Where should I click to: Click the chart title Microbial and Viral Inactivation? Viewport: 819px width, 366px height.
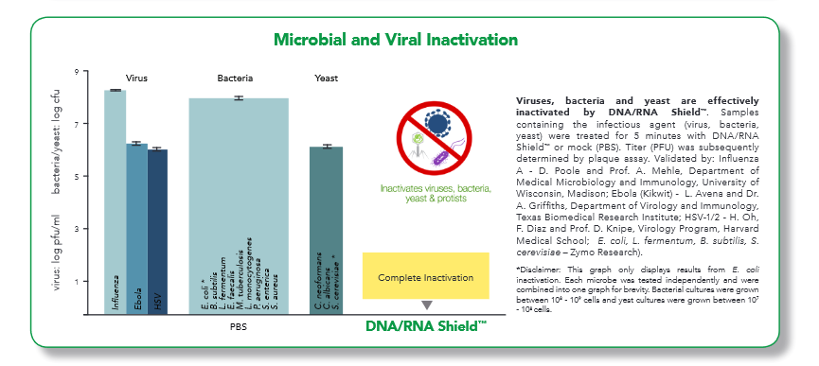coord(396,40)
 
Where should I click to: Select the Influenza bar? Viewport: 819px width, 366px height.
coord(115,202)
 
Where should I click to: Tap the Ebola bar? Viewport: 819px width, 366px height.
coord(137,229)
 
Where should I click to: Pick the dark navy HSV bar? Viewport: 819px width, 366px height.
coord(158,232)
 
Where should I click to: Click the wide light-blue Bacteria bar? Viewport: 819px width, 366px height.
coord(239,206)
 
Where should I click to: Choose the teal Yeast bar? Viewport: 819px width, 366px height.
coord(327,231)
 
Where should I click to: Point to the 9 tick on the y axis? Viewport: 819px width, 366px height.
coord(78,72)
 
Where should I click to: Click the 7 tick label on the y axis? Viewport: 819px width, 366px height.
coord(78,124)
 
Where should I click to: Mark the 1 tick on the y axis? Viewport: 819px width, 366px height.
coord(78,282)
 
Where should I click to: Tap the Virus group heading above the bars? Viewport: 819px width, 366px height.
coord(136,78)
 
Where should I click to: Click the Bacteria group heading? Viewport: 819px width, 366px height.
coord(235,78)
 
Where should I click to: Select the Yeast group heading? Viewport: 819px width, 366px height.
coord(326,78)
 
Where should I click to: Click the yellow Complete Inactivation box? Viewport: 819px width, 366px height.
coord(426,276)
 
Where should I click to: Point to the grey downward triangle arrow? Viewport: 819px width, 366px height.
coord(427,305)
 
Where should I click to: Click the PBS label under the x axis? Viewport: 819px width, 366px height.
coord(239,327)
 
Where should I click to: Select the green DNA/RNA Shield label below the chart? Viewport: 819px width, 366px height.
coord(426,326)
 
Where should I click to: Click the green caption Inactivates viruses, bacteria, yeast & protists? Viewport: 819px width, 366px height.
coord(436,193)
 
